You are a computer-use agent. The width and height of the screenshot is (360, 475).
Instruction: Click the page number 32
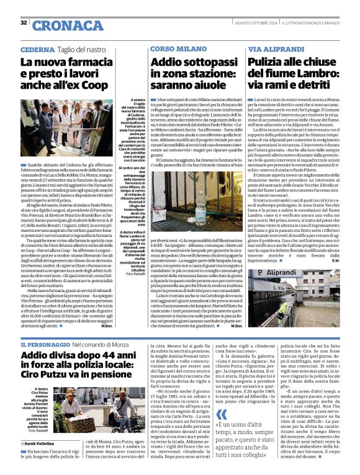[24, 23]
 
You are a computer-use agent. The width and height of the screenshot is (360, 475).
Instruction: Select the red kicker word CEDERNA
[37, 50]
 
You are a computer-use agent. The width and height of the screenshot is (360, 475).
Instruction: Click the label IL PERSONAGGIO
[43, 344]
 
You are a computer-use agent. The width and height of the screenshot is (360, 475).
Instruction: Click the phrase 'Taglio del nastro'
[85, 50]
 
